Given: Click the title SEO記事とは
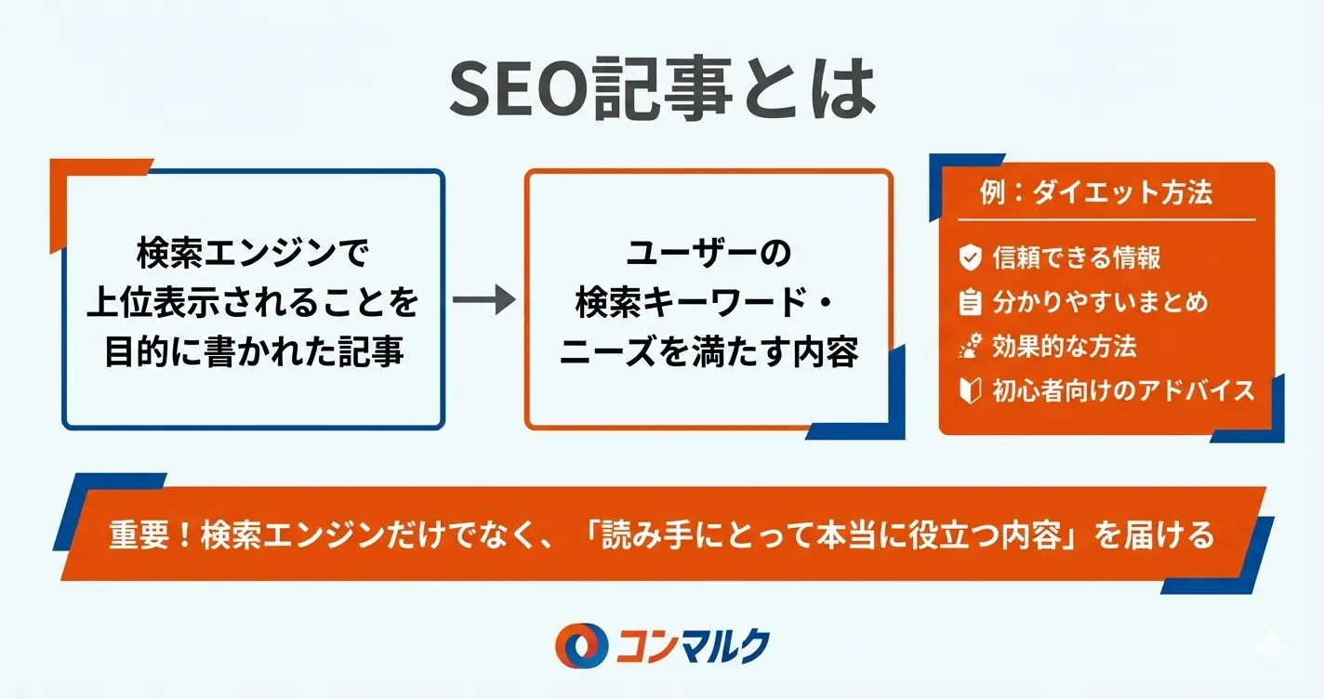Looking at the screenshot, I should click(661, 90).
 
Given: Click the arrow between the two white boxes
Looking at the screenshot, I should click(483, 300).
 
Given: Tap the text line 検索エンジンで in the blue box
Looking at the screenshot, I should click(253, 251).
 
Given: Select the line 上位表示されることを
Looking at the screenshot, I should click(253, 301).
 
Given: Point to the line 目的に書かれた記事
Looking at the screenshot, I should click(253, 352).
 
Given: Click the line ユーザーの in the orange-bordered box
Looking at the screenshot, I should click(708, 251).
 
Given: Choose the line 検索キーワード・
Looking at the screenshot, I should click(708, 301).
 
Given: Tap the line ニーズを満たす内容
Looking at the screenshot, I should click(708, 352).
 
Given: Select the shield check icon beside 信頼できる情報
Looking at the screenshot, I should click(971, 257).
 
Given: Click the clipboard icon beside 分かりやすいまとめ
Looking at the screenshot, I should click(971, 302).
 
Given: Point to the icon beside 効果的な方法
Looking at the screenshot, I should click(971, 347).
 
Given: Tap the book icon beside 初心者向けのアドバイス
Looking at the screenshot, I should click(971, 390).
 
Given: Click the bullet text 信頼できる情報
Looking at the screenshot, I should click(1076, 257).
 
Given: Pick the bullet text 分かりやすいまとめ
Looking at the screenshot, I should click(1100, 302).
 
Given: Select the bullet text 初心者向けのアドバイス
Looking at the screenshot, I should click(1123, 390).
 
